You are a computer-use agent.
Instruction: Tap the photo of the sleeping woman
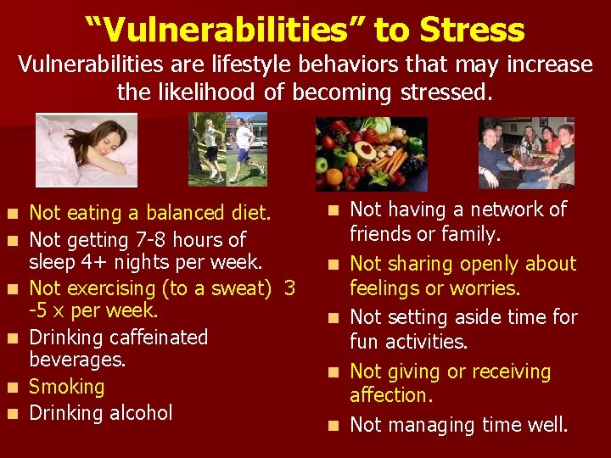click(x=86, y=150)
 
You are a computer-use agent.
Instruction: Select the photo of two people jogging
click(x=227, y=149)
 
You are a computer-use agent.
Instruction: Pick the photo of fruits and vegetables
click(x=372, y=154)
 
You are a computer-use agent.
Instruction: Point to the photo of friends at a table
click(x=526, y=153)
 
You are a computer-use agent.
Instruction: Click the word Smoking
click(x=67, y=388)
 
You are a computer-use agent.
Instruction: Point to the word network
click(x=496, y=209)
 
